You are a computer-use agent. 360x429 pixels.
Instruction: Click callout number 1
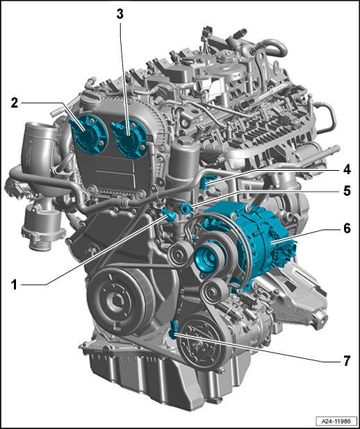click(x=14, y=285)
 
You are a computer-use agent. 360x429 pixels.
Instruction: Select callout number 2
click(x=14, y=103)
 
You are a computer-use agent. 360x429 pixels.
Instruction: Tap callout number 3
click(x=120, y=14)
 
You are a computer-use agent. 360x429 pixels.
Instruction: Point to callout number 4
click(x=347, y=170)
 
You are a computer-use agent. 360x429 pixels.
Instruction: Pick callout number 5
click(x=347, y=191)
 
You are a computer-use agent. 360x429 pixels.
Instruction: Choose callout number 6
click(x=347, y=228)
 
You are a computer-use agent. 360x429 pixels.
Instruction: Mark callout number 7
click(x=347, y=361)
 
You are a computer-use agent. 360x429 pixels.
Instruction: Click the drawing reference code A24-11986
click(x=336, y=421)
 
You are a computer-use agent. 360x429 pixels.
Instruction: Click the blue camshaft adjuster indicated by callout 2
click(x=88, y=135)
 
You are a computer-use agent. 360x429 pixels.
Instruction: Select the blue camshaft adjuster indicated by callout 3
click(x=131, y=138)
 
